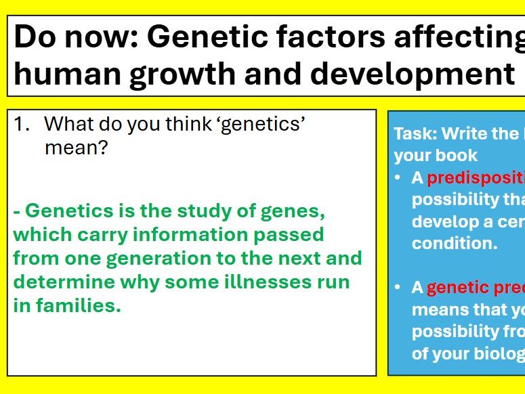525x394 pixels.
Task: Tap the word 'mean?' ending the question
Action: [x=76, y=147]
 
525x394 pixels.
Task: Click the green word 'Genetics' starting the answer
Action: [x=68, y=211]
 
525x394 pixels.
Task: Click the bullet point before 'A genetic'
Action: [x=398, y=288]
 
